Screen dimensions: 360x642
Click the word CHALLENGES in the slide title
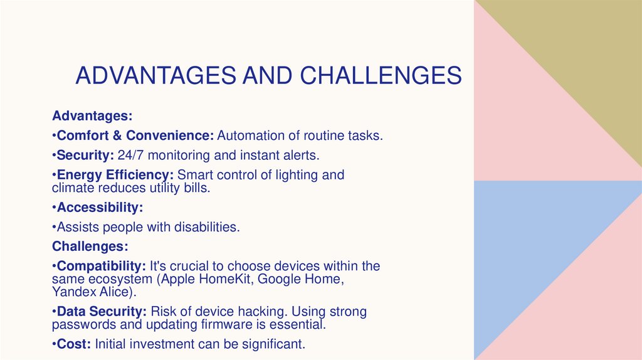pos(381,75)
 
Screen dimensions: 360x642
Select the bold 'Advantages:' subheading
pos(92,116)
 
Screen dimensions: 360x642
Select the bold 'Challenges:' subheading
pos(90,246)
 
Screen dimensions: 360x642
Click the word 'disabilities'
pos(206,226)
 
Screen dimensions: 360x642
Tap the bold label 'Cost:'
pos(72,344)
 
